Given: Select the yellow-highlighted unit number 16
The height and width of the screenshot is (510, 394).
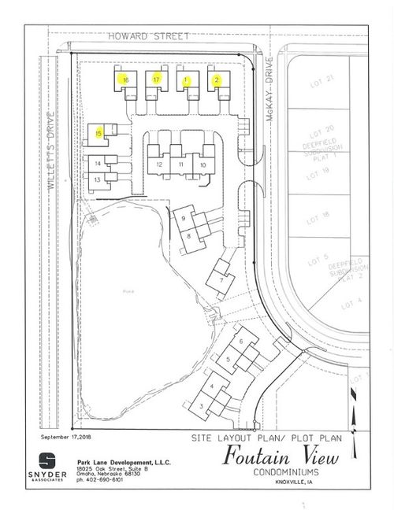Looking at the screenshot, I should pos(125,79).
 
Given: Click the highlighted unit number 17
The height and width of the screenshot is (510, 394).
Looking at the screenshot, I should pos(157,79).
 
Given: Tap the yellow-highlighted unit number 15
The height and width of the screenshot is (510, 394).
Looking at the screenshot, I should pos(98,133).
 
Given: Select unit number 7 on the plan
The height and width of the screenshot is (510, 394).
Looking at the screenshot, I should pos(223,279).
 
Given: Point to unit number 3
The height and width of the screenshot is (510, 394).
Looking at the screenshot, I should pos(202,405).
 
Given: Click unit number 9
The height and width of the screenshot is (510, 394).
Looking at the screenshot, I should pos(183,217).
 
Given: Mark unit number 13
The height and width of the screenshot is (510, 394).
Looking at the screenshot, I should pos(97,179).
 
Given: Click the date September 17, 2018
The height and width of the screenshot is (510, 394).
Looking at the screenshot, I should pos(65,435).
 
